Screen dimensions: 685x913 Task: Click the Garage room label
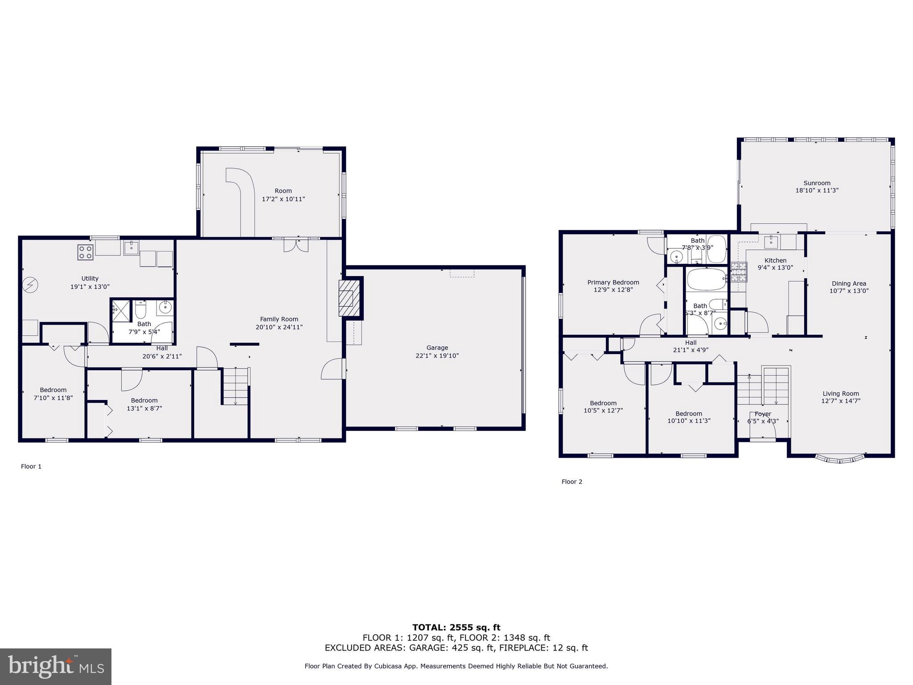click(x=437, y=347)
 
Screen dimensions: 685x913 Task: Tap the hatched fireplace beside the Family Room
click(x=348, y=297)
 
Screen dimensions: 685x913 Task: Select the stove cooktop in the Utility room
click(x=85, y=252)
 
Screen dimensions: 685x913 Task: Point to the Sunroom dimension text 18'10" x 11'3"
click(x=817, y=190)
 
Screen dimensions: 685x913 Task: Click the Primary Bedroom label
click(x=613, y=282)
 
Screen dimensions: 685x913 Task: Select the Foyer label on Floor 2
click(x=763, y=414)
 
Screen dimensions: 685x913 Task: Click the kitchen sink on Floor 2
click(x=771, y=242)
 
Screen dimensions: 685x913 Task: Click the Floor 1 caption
click(x=31, y=466)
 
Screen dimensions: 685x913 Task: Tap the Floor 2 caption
click(x=572, y=482)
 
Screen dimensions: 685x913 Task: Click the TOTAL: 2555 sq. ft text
click(x=456, y=627)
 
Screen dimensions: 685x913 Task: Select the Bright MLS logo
click(x=56, y=666)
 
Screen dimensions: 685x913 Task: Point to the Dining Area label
click(x=849, y=283)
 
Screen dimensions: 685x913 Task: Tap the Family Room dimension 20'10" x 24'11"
click(x=279, y=327)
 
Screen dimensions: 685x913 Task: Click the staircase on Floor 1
click(x=235, y=387)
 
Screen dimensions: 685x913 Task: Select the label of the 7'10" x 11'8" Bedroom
click(x=53, y=390)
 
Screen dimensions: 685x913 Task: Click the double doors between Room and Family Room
click(x=296, y=245)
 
